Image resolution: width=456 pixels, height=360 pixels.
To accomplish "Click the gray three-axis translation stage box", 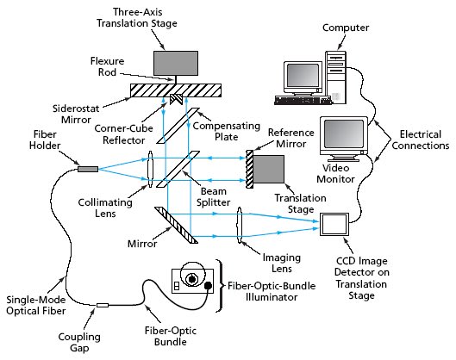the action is coord(176,64).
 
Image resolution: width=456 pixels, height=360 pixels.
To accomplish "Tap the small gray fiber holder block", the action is coord(88,169).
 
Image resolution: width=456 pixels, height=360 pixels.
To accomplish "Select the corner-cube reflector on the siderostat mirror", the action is coord(176,99).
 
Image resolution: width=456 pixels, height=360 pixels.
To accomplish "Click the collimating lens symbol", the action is coord(150,169).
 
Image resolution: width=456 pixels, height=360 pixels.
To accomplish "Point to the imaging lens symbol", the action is coord(240,225).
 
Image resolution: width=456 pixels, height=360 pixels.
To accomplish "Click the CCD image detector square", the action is coord(334,224).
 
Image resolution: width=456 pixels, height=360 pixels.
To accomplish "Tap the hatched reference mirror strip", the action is coord(249,169).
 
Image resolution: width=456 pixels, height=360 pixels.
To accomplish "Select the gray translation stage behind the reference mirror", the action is coord(268,169).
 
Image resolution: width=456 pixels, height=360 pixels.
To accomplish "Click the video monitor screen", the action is coord(344,134).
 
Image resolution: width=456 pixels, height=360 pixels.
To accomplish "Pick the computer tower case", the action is coord(335,77).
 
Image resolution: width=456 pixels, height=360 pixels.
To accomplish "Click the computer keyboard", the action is coord(303,101).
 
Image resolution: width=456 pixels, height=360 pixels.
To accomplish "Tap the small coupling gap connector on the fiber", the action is coord(103,305).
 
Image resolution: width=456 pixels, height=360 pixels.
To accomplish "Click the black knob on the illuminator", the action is coord(209,286).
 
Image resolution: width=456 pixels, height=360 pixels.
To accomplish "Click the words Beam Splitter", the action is coord(213,196).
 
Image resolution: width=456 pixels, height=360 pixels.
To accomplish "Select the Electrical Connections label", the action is coord(421,140).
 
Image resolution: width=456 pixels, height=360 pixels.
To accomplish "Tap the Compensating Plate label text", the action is coord(226,131).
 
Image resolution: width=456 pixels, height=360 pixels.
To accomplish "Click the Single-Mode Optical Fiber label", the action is coord(36,305).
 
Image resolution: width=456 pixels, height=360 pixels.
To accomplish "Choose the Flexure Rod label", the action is coord(107,66).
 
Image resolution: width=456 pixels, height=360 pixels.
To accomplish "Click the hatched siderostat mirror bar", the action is coord(176,90).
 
